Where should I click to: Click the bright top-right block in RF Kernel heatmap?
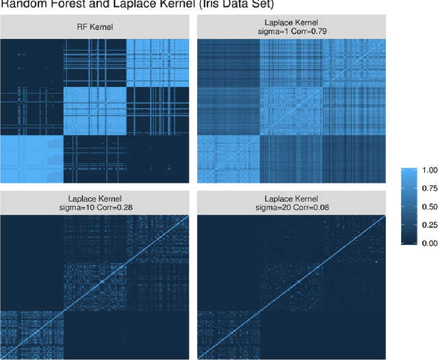coord(159,62)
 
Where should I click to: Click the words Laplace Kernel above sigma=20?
coord(292,196)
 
